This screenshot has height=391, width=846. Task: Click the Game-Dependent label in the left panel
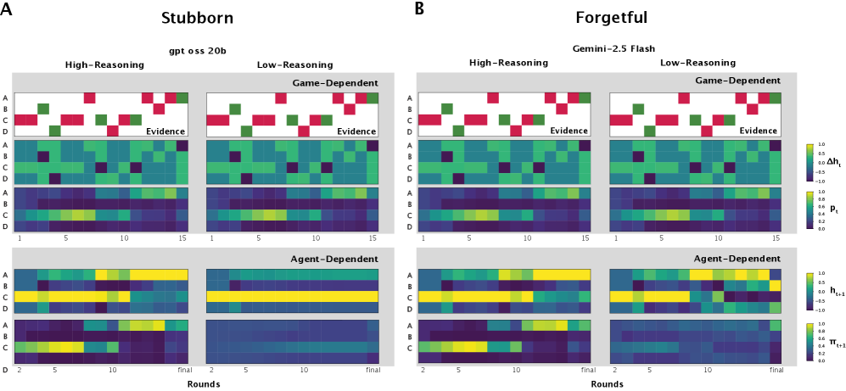[x=335, y=83]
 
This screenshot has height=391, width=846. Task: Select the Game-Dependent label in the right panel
[x=737, y=81]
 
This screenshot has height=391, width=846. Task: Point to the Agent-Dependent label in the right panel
[x=737, y=259]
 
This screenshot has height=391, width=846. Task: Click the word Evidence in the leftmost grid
[x=165, y=131]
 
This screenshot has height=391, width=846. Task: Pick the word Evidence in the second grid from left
[x=356, y=131]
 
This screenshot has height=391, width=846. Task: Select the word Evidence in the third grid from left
[x=569, y=131]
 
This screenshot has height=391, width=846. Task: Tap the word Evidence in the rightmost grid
[x=759, y=131]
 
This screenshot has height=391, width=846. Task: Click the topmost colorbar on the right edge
[x=810, y=161]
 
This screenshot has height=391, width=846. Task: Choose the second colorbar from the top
[x=810, y=209]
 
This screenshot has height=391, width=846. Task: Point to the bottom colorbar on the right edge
[x=810, y=341]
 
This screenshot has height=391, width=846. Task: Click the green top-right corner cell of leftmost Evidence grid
[x=182, y=98]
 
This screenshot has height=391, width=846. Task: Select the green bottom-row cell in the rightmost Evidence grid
[x=650, y=131]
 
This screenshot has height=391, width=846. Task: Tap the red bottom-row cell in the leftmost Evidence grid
[x=113, y=131]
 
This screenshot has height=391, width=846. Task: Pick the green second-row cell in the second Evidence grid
[x=235, y=109]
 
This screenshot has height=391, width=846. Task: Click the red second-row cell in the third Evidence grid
[x=562, y=109]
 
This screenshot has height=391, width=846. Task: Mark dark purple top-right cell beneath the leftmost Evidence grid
[x=182, y=146]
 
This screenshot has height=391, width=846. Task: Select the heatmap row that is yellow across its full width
[x=292, y=296]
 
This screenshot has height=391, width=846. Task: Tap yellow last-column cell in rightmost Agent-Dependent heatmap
[x=775, y=285]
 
